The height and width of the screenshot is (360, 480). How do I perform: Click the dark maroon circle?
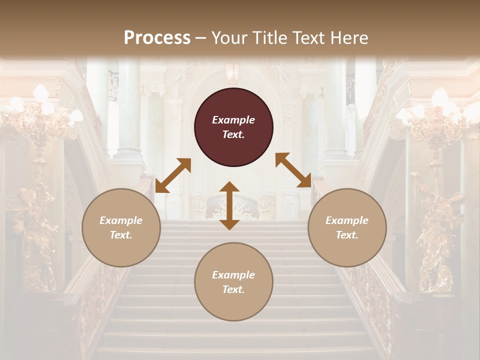(233, 127)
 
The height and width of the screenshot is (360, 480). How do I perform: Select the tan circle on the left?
(121, 227)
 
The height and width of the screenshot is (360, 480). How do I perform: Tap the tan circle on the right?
(347, 227)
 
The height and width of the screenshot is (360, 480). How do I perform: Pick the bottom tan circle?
(233, 282)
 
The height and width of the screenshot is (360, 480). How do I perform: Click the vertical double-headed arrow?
(229, 205)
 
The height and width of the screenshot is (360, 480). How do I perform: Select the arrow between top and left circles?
(173, 175)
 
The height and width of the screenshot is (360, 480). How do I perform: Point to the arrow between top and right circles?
(293, 170)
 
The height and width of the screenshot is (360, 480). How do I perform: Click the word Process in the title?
(157, 38)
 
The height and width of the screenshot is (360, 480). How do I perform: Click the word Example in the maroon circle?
(233, 120)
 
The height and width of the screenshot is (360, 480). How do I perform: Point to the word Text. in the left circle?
(121, 235)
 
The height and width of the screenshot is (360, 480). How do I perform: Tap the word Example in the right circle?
(347, 220)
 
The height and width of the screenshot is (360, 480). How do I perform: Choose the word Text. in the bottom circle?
(233, 289)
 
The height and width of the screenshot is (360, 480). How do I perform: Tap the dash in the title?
(200, 38)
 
